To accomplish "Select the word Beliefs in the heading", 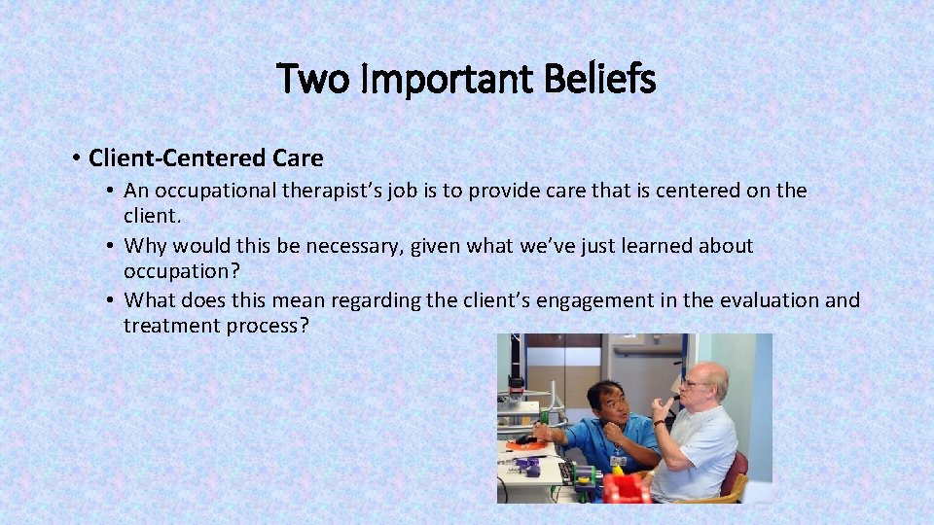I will [601, 79].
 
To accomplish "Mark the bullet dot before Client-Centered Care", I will [75, 158].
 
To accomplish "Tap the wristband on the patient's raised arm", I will [660, 423].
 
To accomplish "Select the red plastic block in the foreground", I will [625, 489].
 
